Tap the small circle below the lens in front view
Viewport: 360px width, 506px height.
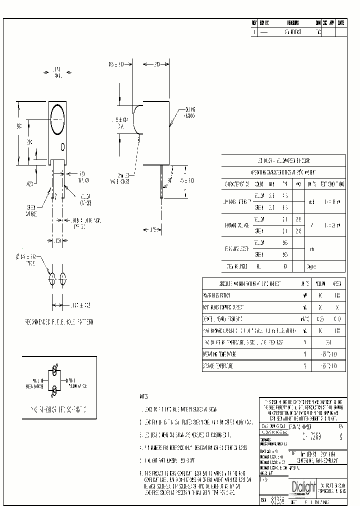pos(62,146)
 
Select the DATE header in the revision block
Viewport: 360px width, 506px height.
pos(340,23)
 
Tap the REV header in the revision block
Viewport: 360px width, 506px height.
pos(254,23)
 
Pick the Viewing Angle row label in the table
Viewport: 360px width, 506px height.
pos(236,266)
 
